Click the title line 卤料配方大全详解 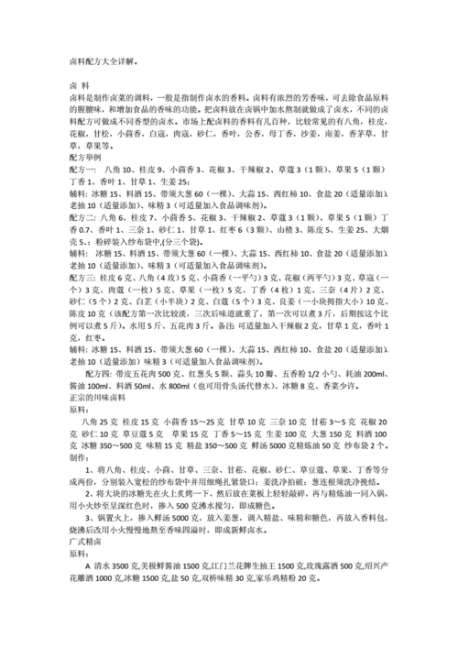[x=102, y=62]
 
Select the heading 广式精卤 [x=85, y=566]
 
